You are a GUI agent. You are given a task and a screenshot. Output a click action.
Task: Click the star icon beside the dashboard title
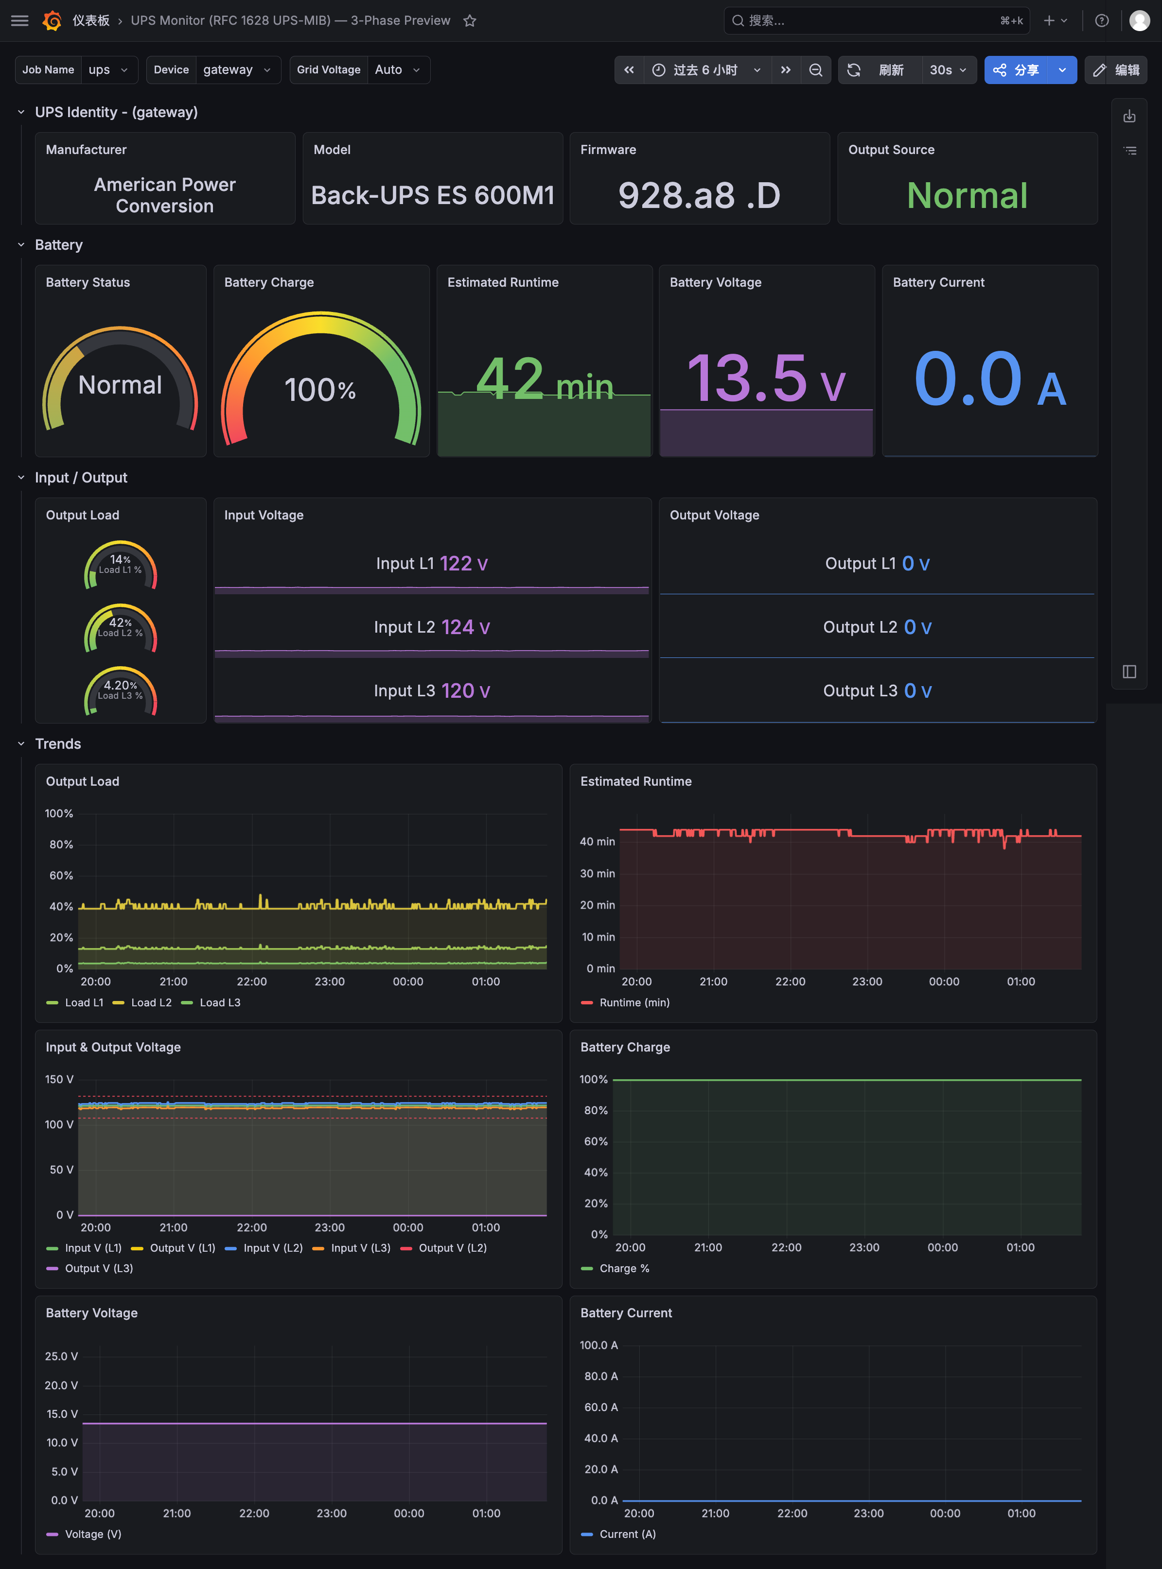(470, 21)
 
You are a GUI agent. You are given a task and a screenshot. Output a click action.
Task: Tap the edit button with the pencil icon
(1116, 69)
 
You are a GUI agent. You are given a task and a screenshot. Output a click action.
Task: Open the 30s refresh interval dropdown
(948, 69)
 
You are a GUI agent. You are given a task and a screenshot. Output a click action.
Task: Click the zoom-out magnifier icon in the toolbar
(816, 69)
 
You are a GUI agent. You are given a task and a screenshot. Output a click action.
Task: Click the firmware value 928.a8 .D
(699, 195)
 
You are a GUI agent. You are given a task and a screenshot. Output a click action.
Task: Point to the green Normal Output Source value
(967, 195)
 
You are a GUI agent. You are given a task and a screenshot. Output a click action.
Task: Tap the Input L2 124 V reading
(432, 627)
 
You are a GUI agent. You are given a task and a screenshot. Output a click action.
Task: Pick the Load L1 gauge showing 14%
(120, 564)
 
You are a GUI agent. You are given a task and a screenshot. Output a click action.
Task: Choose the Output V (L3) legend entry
(89, 1268)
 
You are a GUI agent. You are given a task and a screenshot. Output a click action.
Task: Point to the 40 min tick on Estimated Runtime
(597, 842)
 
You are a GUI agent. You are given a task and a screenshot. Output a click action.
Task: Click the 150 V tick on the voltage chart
(59, 1079)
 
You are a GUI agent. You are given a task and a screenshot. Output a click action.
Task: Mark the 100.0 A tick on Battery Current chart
(599, 1345)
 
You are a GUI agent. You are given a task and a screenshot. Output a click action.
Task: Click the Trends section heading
(58, 744)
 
